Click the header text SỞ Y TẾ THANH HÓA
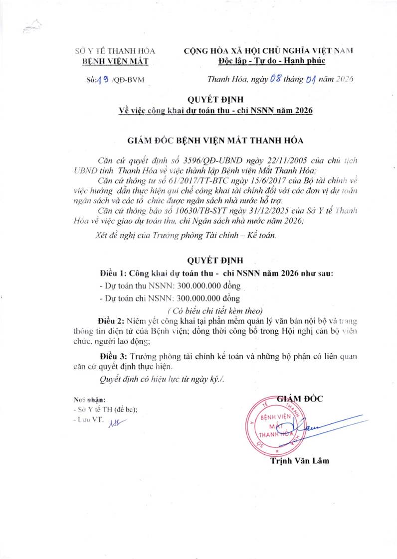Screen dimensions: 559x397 115,51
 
